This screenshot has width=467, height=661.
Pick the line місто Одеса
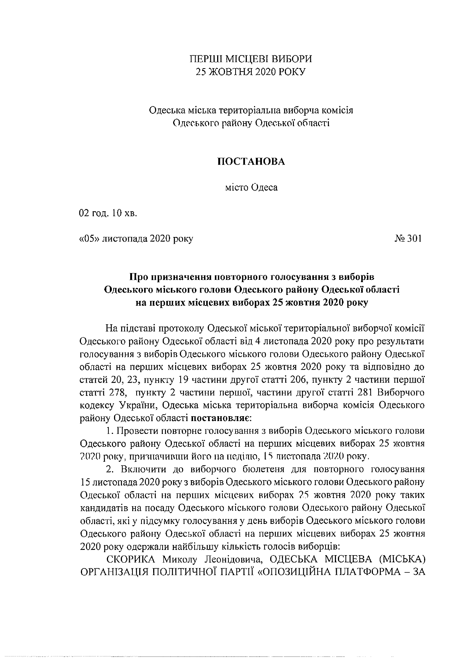pyautogui.click(x=251, y=187)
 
